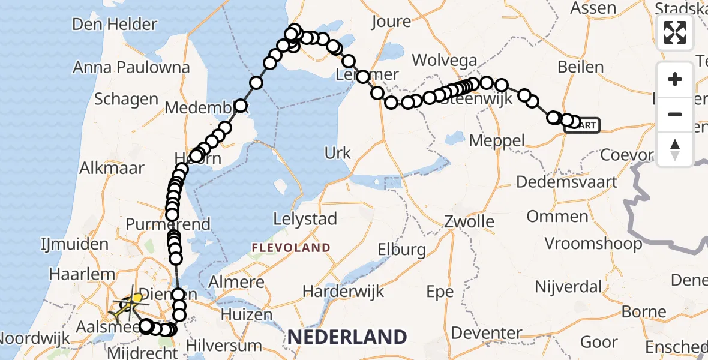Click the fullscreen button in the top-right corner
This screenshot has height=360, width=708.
(x=675, y=32)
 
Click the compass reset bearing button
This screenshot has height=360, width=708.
(x=675, y=149)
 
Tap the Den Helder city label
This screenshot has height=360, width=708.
(x=115, y=25)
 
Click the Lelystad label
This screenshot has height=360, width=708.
(x=304, y=219)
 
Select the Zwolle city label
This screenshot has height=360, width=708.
(x=469, y=222)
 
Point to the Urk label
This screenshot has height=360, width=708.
(x=337, y=154)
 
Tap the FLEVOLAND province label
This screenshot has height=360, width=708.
(x=291, y=247)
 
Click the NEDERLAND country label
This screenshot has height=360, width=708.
(x=347, y=337)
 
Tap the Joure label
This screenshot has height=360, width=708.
(x=391, y=22)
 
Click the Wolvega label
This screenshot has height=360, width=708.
(x=445, y=61)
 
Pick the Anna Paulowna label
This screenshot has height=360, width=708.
(x=131, y=68)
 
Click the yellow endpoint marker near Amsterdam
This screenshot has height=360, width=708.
(x=137, y=298)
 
